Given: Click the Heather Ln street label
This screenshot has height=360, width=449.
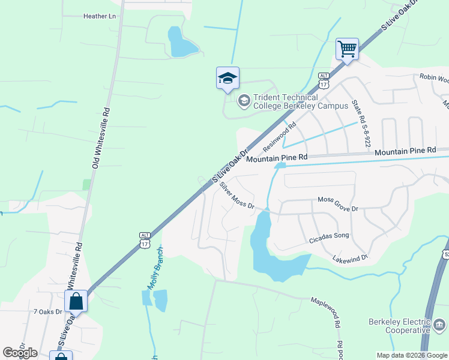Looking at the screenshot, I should (99, 17).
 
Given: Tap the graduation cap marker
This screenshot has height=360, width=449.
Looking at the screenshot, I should (228, 78).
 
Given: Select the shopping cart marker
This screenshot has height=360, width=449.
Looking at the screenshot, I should (348, 48).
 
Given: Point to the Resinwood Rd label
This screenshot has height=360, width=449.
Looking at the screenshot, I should (280, 137).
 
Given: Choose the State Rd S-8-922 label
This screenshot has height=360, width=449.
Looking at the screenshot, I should (360, 123).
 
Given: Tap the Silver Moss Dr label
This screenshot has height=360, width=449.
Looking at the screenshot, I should (237, 196).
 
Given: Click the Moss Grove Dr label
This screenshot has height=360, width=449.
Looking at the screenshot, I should (337, 204).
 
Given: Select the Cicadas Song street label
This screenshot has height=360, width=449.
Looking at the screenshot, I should (328, 236).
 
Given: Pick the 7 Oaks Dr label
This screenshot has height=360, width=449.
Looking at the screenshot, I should (48, 311).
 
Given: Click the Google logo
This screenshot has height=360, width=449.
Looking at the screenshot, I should (20, 353).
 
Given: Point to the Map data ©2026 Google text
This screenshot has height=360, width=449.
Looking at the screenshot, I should (412, 355).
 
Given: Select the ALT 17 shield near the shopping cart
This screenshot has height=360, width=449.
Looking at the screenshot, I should (324, 80).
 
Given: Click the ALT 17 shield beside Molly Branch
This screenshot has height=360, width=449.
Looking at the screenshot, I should (144, 239).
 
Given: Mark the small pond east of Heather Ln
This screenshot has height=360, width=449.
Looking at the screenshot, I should (181, 43).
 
